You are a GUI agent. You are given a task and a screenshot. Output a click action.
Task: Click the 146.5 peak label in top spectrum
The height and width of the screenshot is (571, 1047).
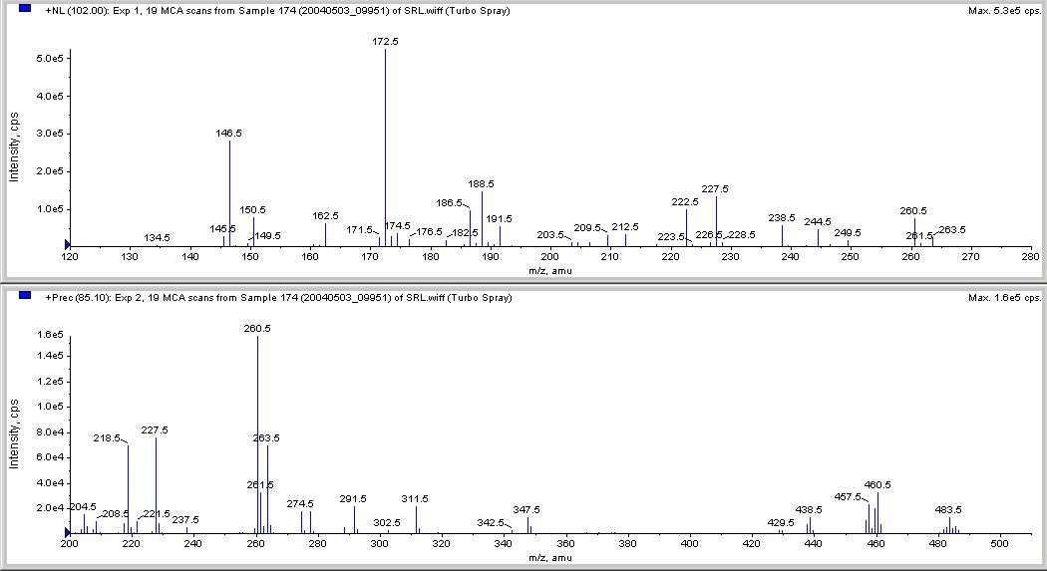click(x=229, y=133)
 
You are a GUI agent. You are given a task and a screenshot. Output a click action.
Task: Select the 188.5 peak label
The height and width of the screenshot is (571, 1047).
click(x=482, y=184)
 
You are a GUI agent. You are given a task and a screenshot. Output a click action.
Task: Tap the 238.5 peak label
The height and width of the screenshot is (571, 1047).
click(x=782, y=217)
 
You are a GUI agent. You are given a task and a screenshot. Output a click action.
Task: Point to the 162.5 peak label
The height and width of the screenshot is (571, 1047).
click(x=325, y=215)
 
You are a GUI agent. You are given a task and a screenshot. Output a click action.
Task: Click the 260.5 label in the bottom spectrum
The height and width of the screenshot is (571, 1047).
click(x=257, y=328)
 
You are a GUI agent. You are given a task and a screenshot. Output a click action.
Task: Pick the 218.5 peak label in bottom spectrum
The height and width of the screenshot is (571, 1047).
click(x=107, y=437)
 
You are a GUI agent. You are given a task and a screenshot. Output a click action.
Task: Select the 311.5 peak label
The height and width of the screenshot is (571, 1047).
click(x=415, y=498)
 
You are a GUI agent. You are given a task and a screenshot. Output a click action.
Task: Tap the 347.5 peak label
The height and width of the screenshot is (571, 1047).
click(x=526, y=509)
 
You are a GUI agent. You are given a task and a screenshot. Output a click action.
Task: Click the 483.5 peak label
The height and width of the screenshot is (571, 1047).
click(x=948, y=509)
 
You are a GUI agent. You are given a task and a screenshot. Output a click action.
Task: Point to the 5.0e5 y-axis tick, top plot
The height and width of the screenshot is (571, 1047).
click(x=51, y=60)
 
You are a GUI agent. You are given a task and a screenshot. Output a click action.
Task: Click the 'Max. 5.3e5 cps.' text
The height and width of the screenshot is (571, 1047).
click(x=1003, y=10)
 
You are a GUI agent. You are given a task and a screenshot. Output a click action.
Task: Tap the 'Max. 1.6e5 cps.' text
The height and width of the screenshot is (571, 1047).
click(x=1003, y=297)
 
